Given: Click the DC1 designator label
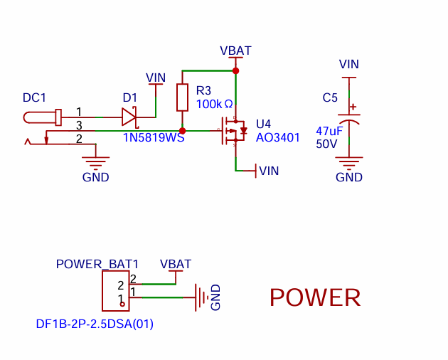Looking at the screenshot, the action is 34,97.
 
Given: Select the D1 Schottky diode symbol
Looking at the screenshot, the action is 130,117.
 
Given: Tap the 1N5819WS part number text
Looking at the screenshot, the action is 154,137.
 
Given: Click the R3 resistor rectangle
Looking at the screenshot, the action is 182,97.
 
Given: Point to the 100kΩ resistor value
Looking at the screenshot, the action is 214,104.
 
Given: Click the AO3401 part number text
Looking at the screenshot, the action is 278,137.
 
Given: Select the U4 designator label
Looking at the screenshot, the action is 263,124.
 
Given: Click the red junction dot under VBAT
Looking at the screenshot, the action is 235,70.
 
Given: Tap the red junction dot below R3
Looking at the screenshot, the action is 182,131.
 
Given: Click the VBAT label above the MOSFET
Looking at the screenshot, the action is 235,51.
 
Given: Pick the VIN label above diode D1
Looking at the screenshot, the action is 156,78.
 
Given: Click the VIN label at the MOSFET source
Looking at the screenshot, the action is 269,171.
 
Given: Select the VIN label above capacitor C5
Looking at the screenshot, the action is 349,64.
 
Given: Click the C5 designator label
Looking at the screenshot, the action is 330,97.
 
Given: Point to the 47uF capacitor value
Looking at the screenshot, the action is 329,131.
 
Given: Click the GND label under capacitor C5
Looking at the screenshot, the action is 349,177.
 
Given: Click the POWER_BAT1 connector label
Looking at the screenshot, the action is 97,264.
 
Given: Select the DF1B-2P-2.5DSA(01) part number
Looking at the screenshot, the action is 95,324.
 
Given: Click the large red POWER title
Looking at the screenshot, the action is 315,297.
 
